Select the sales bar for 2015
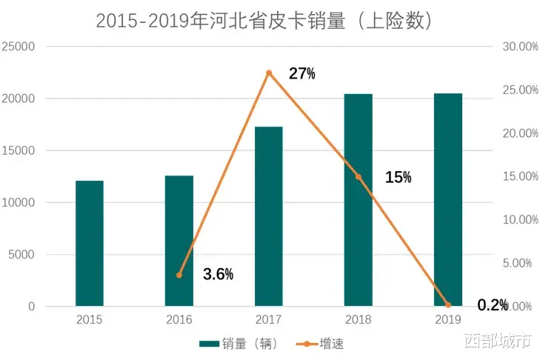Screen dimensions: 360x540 (90, 243)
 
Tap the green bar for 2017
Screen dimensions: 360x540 (268, 216)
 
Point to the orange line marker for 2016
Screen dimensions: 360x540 (179, 275)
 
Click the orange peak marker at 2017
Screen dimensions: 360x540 (269, 73)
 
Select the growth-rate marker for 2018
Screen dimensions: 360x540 (359, 177)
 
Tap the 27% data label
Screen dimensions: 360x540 (301, 73)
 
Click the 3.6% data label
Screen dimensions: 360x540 (218, 274)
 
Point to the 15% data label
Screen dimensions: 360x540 (398, 177)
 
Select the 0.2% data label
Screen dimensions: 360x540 (492, 305)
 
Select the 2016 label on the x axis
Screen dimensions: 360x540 (179, 320)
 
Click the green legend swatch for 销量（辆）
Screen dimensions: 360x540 (210, 344)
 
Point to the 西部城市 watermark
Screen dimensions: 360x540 (497, 341)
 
